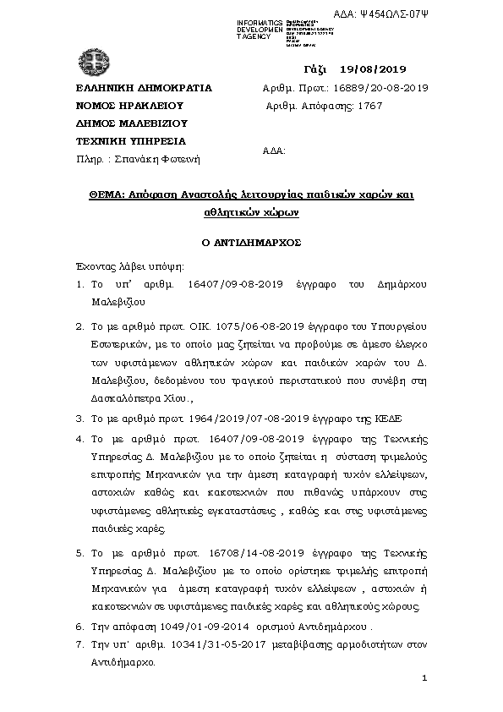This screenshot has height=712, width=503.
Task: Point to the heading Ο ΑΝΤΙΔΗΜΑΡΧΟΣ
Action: (251, 241)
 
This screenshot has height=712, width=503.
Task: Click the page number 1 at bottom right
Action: (424, 679)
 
